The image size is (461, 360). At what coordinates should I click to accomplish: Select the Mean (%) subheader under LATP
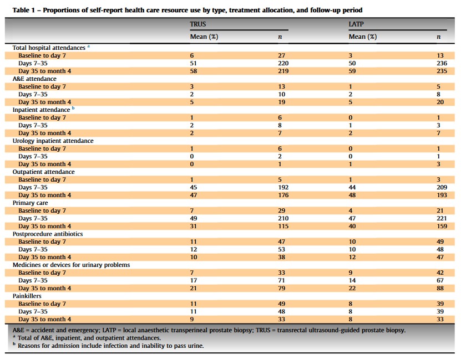pos(362,37)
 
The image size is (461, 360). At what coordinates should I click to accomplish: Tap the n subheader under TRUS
pos(280,37)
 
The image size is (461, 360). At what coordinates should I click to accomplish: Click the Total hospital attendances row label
pos(49,48)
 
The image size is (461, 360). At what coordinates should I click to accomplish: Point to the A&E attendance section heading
pos(34,79)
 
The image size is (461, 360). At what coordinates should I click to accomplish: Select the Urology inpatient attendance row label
pos(53,141)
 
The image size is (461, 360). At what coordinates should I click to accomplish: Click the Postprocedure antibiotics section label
pos(47,234)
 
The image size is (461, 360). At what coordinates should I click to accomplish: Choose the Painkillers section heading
pos(28,296)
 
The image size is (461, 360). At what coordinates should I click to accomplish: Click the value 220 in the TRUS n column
pos(283,63)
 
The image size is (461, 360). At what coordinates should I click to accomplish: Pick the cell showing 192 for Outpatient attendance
pos(283,187)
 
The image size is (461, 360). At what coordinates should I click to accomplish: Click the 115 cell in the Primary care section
pos(283,226)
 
